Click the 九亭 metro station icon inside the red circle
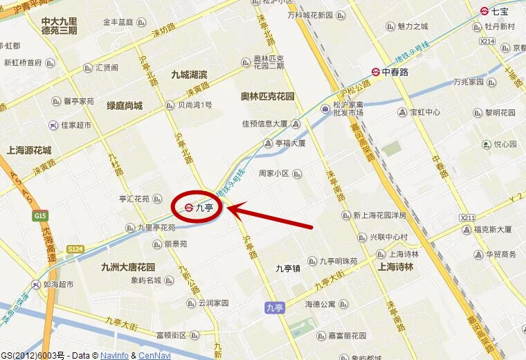[x=189, y=206]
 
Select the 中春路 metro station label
[x=395, y=71]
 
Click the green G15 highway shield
[x=39, y=215]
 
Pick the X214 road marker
[x=487, y=42]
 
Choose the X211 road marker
[x=468, y=217]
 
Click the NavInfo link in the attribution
[x=114, y=355]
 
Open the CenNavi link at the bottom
[x=154, y=355]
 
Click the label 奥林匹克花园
[x=268, y=96]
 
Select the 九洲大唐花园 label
[x=128, y=267]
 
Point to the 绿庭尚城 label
[x=125, y=106]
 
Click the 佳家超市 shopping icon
[x=53, y=125]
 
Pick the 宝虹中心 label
[x=425, y=112]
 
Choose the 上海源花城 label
[x=29, y=150]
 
